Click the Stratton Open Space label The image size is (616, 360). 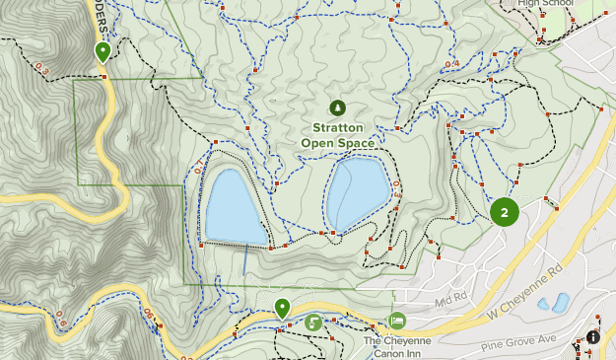click(338, 135)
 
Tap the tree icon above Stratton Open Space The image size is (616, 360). click(338, 107)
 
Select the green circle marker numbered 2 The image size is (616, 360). click(505, 211)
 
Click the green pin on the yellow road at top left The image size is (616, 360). click(103, 50)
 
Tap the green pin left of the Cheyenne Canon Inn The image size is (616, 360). click(282, 308)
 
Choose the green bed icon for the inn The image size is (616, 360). click(397, 321)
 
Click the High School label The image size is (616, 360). click(544, 3)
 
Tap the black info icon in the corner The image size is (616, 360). click(593, 337)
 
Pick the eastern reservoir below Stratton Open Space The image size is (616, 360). click(358, 192)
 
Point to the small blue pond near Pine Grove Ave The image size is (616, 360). click(560, 302)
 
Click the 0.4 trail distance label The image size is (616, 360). click(452, 64)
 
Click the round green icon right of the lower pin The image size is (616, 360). click(313, 322)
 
